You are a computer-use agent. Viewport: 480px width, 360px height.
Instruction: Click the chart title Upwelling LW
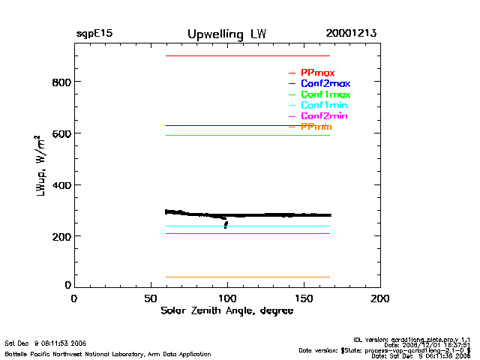click(x=226, y=34)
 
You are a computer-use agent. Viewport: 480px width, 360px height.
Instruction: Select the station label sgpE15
click(x=94, y=34)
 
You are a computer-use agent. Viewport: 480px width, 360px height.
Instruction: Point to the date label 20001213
click(x=351, y=34)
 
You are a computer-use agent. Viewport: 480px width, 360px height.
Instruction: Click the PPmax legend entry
click(x=317, y=72)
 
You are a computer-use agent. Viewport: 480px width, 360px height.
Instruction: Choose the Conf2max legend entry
click(x=325, y=83)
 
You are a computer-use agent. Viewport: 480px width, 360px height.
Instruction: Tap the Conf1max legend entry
click(x=325, y=94)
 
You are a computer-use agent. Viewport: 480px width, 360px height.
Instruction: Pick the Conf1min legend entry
click(x=323, y=105)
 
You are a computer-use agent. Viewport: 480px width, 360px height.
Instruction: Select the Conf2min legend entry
click(x=323, y=116)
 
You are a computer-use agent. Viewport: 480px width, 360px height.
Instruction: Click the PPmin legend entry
click(x=316, y=127)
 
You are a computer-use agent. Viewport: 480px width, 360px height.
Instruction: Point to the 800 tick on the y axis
click(x=60, y=82)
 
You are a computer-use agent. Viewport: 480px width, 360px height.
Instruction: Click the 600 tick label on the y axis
click(x=60, y=133)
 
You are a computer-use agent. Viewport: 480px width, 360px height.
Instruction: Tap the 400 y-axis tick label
click(x=60, y=185)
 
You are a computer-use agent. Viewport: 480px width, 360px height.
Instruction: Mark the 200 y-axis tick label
click(x=60, y=237)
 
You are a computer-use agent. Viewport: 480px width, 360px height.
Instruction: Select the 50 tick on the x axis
click(x=151, y=298)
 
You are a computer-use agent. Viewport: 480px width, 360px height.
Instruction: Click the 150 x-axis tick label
click(x=304, y=298)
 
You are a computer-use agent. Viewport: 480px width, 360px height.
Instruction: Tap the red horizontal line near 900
click(x=247, y=56)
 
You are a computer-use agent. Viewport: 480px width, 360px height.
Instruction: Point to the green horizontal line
click(x=247, y=135)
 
